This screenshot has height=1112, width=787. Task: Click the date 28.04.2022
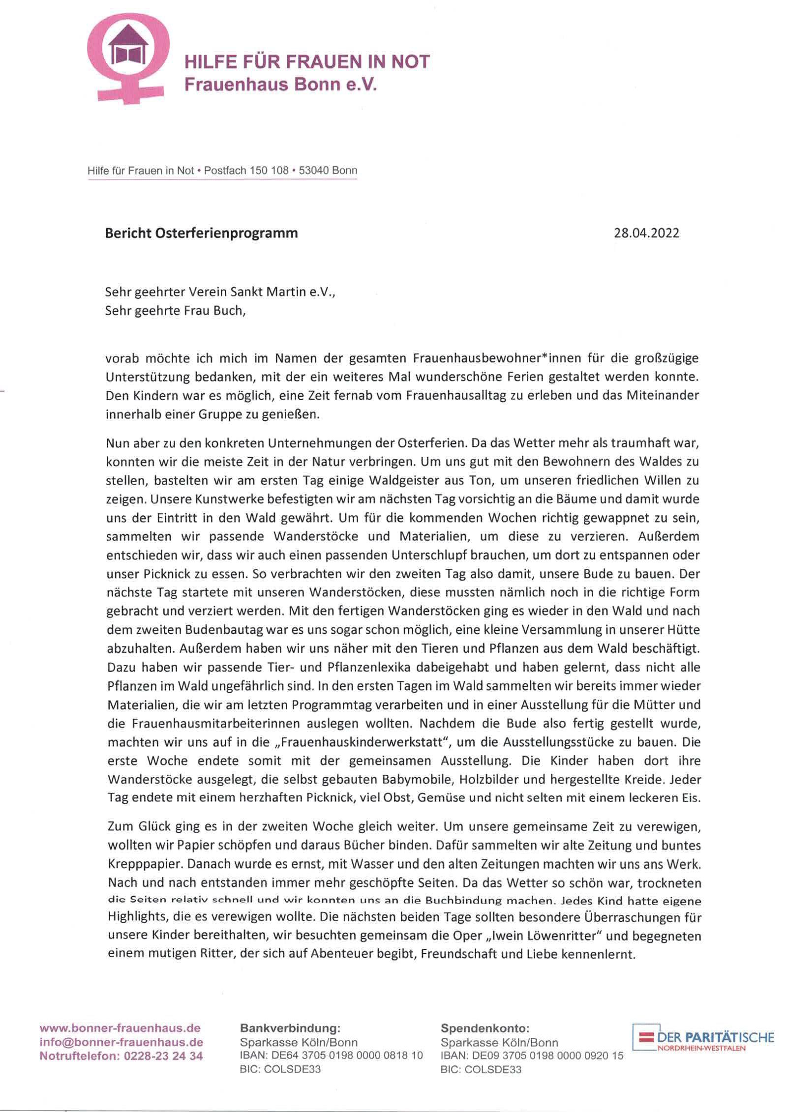point(646,233)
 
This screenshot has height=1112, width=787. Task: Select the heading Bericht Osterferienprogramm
point(201,233)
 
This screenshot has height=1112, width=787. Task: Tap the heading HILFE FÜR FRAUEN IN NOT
point(306,62)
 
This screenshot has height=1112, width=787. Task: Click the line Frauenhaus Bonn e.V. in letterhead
point(280,85)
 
